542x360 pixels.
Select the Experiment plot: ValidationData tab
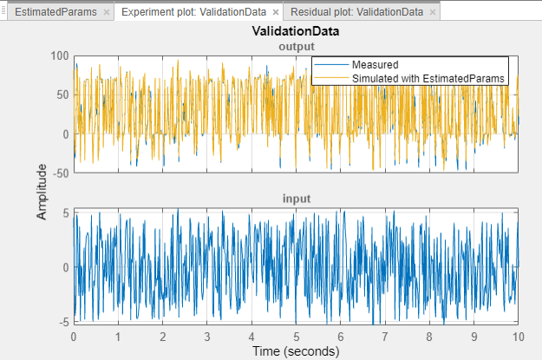pyautogui.click(x=188, y=13)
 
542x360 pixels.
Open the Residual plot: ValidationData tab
pyautogui.click(x=357, y=13)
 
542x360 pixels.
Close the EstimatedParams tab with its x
pyautogui.click(x=106, y=13)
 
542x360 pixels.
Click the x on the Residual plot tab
pyautogui.click(x=433, y=13)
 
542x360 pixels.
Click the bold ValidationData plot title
pyautogui.click(x=295, y=32)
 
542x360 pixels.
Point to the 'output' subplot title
pyautogui.click(x=295, y=45)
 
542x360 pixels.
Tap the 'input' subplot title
pyautogui.click(x=295, y=200)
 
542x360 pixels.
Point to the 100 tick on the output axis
pyautogui.click(x=59, y=56)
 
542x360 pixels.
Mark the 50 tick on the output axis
pyautogui.click(x=62, y=95)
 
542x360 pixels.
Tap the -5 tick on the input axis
pyautogui.click(x=64, y=322)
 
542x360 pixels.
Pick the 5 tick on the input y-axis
pyautogui.click(x=66, y=213)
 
